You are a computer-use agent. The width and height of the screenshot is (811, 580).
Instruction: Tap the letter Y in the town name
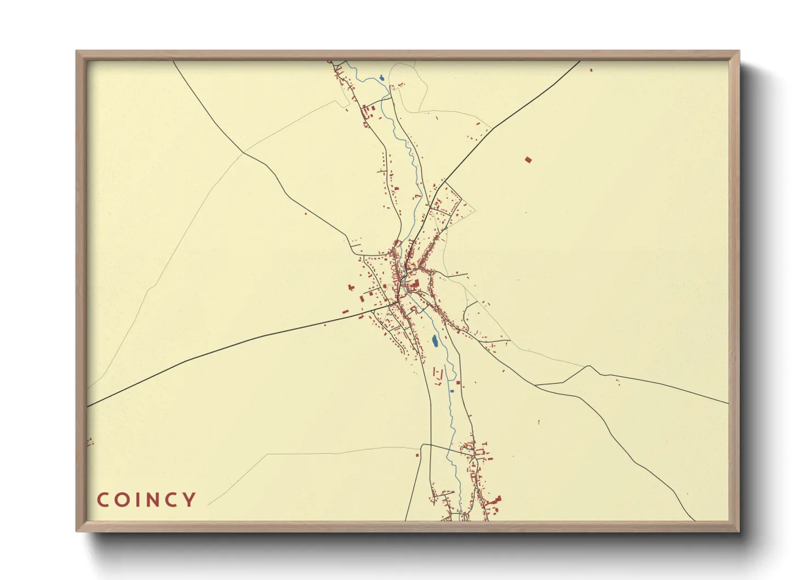pos(190,500)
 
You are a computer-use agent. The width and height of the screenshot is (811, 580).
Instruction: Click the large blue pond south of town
pos(435,342)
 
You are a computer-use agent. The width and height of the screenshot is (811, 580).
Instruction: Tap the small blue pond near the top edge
pos(381,78)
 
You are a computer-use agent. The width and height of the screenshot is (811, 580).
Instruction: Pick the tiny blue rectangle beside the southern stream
pos(452,391)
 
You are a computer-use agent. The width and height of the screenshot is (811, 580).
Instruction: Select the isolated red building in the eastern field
pos(528,160)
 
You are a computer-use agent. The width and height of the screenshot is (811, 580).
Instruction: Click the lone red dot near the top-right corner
pos(591,70)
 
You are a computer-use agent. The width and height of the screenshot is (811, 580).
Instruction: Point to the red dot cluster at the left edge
pos(90,441)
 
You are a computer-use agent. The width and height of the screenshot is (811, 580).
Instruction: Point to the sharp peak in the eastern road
pos(589,366)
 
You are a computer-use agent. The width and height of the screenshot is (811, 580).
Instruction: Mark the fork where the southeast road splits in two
pos(536,386)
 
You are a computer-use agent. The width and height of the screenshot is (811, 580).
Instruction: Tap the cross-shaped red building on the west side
pos(351,287)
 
